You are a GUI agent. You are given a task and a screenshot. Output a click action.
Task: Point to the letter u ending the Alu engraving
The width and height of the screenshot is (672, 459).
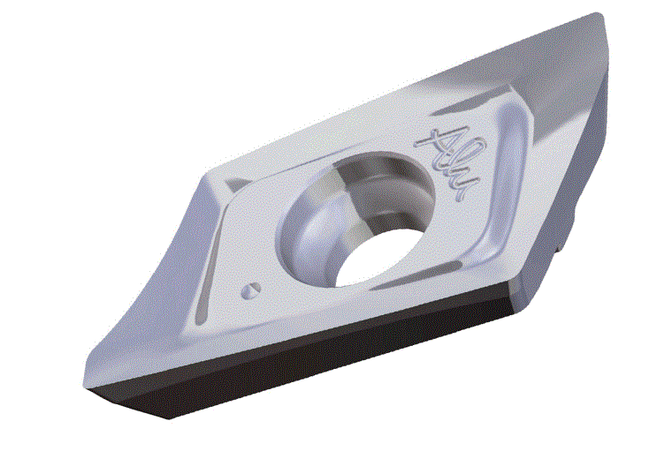(462, 184)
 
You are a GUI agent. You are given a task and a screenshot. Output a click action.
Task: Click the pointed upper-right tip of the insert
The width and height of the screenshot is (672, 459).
(600, 16)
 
